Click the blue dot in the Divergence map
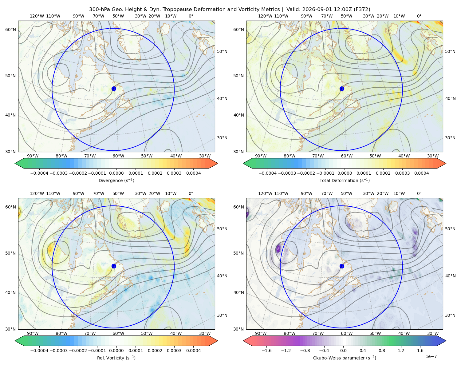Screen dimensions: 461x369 coord(114,89)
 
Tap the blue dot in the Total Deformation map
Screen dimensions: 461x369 coord(342,89)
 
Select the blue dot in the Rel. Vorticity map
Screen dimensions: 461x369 coord(114,266)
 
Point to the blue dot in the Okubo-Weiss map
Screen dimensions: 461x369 coord(342,266)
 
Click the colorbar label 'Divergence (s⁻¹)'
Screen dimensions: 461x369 coord(116,180)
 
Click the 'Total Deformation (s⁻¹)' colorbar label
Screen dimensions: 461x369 coord(345,180)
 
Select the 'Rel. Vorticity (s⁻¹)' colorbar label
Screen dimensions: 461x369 coord(116,358)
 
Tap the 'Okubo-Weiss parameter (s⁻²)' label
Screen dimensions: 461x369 coord(345,358)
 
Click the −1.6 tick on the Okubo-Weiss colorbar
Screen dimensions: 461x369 coord(266,350)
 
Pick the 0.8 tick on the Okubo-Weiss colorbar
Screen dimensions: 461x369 coord(382,350)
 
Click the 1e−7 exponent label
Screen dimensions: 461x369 coord(431,356)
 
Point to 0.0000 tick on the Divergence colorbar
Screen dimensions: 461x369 coord(116,173)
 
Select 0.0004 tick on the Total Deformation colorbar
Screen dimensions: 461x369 coord(421,173)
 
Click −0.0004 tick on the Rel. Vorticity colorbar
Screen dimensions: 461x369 coord(39,350)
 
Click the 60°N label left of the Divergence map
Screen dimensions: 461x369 coord(10,30)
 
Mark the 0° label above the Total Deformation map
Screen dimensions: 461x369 coord(419,16)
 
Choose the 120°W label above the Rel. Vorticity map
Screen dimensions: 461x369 coord(37,193)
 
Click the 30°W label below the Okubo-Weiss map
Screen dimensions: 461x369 coord(433,333)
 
